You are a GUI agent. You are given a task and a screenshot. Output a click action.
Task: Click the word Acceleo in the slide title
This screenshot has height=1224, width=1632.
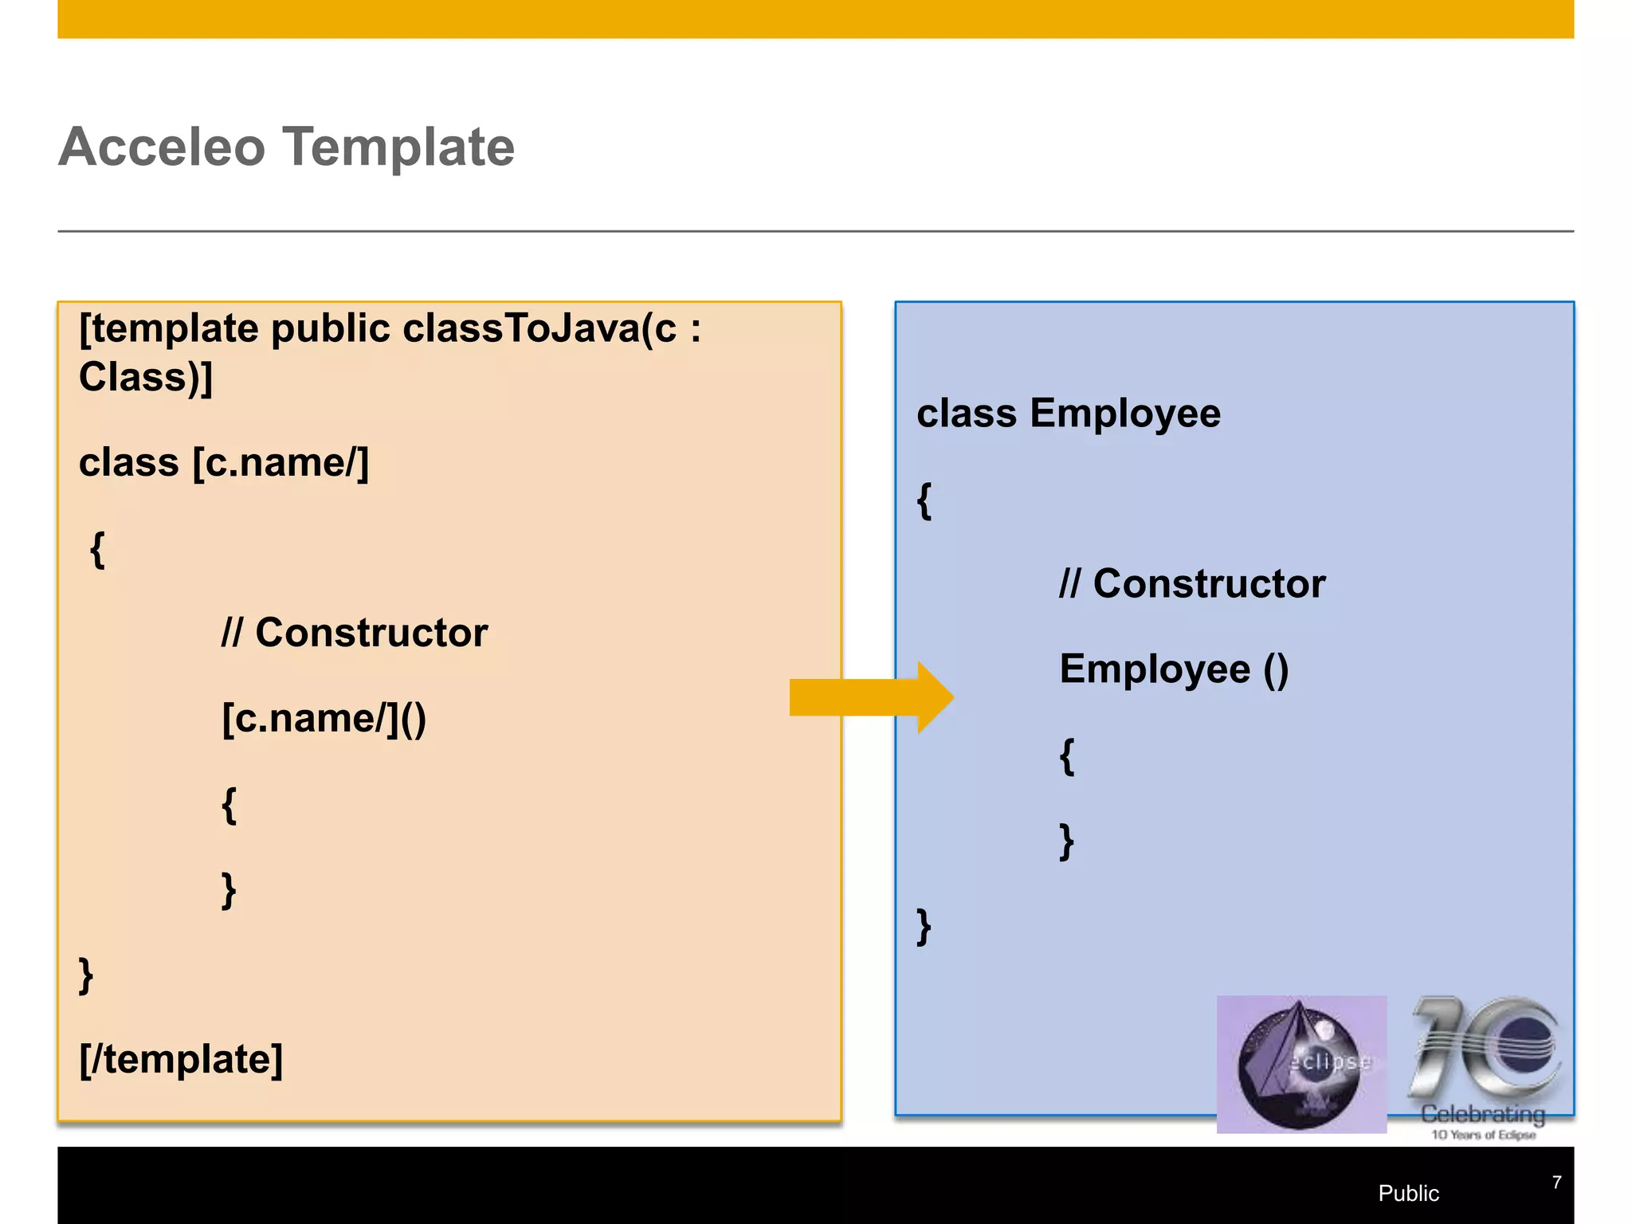pos(162,147)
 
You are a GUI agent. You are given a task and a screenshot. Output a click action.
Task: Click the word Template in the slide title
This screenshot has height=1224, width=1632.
pos(399,147)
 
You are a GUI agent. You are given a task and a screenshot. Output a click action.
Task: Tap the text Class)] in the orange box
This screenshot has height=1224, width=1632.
pos(146,378)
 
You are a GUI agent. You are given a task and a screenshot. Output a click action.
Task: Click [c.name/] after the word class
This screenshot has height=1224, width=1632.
pos(280,463)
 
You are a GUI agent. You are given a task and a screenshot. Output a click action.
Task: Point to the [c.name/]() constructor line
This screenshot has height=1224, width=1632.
pos(324,719)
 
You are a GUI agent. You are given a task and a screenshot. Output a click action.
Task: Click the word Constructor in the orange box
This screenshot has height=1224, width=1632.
pos(371,634)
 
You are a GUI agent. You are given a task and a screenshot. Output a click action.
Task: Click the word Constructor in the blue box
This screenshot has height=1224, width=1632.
pos(1209,584)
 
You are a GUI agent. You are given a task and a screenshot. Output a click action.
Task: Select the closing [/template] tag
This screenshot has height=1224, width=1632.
pos(181,1060)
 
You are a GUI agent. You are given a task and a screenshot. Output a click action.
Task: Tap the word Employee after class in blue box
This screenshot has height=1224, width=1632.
pos(1124,414)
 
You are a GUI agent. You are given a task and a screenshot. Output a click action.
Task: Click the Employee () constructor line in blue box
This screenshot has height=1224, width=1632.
pos(1173,669)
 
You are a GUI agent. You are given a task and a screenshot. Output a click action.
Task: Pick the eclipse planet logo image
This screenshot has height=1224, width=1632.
pos(1300,1065)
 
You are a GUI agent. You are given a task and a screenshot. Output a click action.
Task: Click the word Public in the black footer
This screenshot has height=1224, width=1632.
pos(1408,1193)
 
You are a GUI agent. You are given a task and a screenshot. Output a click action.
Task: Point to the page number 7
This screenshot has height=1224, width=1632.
pos(1556,1183)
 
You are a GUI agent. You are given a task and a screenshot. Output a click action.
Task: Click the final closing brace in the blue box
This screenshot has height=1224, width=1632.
pos(924,927)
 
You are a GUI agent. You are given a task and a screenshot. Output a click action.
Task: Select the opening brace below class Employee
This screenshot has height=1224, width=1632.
pos(924,501)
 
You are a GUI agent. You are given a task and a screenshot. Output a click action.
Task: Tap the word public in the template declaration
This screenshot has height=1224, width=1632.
pos(330,329)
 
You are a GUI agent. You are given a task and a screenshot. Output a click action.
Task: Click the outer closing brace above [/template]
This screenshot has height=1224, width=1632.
pos(86,976)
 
